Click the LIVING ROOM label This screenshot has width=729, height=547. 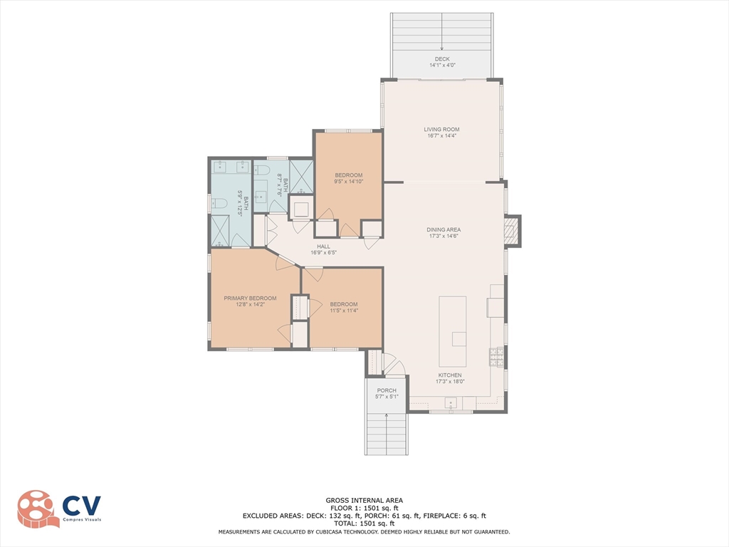point(441,130)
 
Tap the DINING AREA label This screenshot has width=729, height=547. point(444,230)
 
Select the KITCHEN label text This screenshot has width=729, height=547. point(450,375)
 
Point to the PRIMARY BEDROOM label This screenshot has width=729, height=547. point(250,298)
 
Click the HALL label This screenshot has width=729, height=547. point(324,246)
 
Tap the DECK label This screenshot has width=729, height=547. point(442,59)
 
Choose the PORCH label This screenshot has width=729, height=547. point(387,391)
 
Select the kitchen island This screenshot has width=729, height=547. point(453,332)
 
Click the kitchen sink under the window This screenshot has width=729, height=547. point(451,403)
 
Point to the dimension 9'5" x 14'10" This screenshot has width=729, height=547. point(348,182)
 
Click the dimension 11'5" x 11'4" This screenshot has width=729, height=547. point(344,311)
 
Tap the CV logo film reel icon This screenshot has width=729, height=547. point(37,509)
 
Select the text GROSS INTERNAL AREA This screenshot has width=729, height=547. point(364,501)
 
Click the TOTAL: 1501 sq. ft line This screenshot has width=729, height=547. point(364,523)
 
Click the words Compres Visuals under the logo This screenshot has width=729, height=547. point(82,519)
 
